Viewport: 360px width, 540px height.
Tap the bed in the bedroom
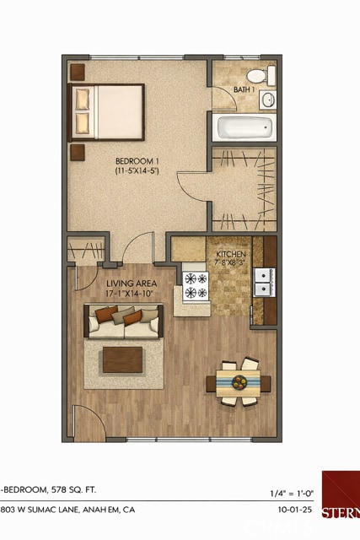click(107, 111)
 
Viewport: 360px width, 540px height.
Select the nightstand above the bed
click(78, 70)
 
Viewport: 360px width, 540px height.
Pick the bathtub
click(245, 128)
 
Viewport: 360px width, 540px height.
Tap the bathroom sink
click(268, 100)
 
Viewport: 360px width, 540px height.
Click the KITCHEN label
click(230, 254)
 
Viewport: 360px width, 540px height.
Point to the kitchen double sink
click(264, 282)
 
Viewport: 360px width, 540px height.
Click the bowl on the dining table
click(239, 381)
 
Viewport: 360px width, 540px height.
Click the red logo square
click(341, 494)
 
